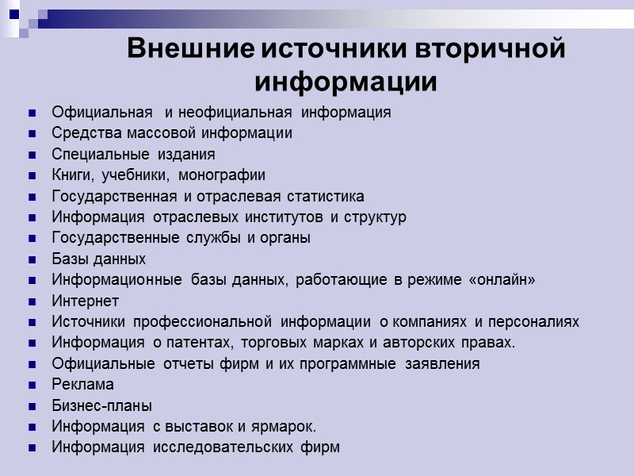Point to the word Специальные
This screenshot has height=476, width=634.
pyautogui.click(x=90, y=154)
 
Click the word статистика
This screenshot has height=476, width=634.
pyautogui.click(x=321, y=196)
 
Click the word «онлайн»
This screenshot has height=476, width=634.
pyautogui.click(x=500, y=280)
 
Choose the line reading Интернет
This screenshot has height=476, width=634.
pyautogui.click(x=85, y=301)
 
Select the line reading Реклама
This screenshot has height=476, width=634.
pyautogui.click(x=82, y=385)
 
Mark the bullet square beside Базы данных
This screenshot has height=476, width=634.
pyautogui.click(x=32, y=259)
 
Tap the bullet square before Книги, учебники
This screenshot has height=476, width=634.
pyautogui.click(x=32, y=175)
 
